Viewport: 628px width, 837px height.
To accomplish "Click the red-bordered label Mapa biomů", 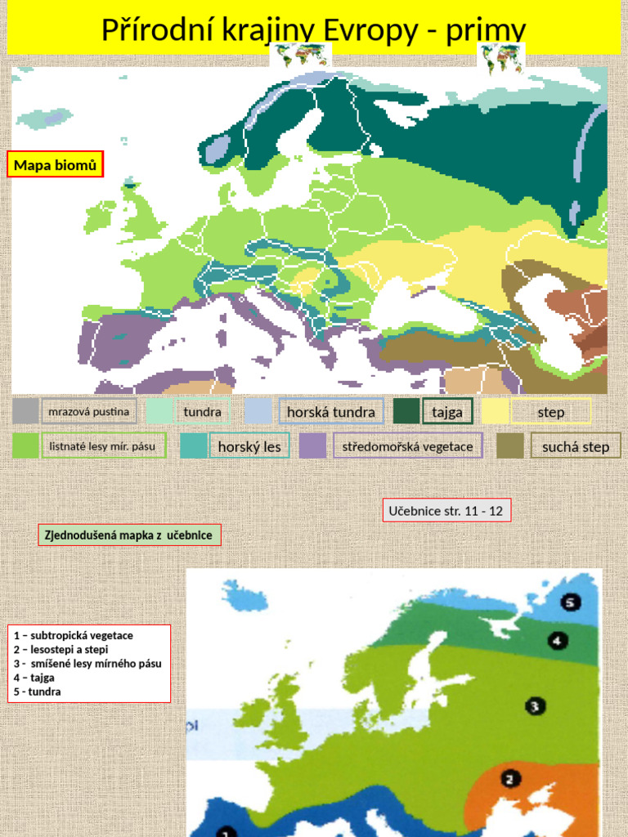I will (x=56, y=165).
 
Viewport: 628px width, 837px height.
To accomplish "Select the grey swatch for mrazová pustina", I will (x=25, y=411).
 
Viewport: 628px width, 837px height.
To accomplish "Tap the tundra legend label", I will (x=202, y=412).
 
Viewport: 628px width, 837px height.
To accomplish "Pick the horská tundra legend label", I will (x=331, y=412).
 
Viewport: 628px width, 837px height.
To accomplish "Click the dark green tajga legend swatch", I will (x=406, y=411).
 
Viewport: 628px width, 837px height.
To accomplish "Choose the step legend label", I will (x=551, y=412).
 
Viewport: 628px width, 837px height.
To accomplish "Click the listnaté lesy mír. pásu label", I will (x=103, y=446).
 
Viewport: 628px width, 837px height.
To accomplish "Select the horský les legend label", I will (x=249, y=446).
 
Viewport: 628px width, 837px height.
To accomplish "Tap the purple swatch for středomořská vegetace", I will (x=312, y=446).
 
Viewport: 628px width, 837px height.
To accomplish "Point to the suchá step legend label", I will (x=576, y=446).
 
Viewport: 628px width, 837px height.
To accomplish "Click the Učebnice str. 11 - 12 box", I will (x=446, y=511).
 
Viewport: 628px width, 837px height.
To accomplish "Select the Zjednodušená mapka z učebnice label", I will (x=129, y=535).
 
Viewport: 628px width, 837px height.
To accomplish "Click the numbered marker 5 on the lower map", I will (x=571, y=603).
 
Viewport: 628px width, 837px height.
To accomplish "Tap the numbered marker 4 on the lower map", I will (x=558, y=641).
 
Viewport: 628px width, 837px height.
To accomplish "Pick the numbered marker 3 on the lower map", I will (x=534, y=706).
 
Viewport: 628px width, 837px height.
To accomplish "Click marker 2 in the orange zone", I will (x=509, y=779).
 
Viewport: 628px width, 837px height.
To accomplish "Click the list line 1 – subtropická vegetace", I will (x=74, y=635).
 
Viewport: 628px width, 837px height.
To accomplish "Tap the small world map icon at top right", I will (x=500, y=59).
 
